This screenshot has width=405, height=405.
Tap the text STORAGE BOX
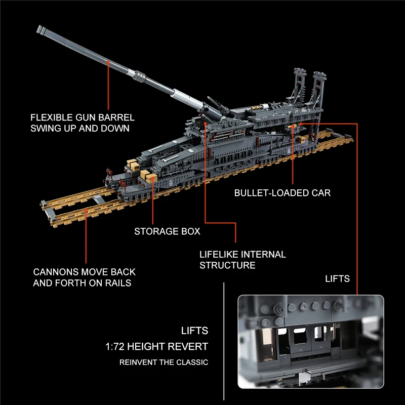tap(167, 231)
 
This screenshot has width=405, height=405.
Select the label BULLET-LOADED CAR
tap(282, 193)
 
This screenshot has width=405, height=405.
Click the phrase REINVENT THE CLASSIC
tap(164, 362)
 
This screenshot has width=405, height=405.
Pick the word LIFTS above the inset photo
tap(337, 278)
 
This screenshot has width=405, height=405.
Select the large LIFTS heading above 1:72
tap(194, 331)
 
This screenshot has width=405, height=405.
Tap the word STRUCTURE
tap(227, 265)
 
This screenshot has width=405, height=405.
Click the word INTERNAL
tap(263, 254)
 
